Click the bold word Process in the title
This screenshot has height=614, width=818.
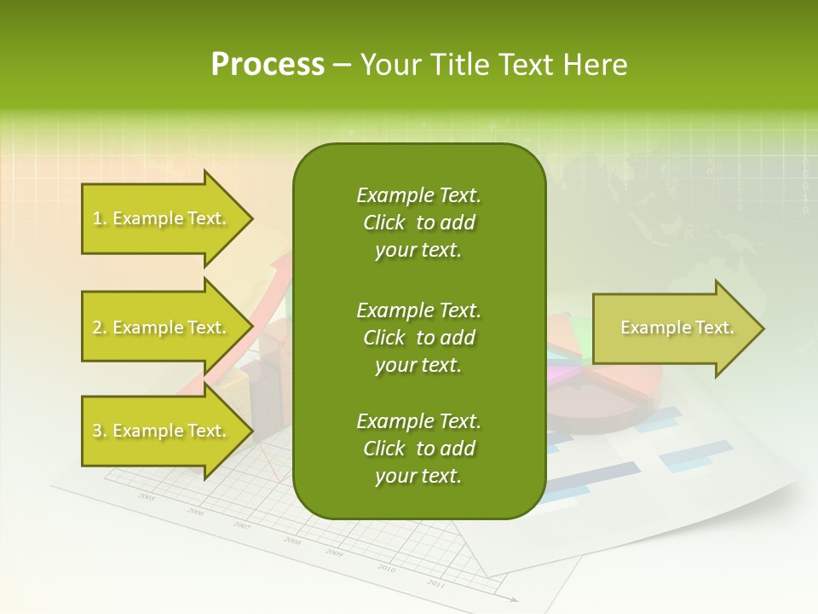pyautogui.click(x=268, y=65)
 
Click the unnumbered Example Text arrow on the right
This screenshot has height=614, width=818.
pyautogui.click(x=677, y=328)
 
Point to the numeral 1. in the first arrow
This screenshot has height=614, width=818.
pyautogui.click(x=100, y=218)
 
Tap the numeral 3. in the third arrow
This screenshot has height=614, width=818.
pyautogui.click(x=100, y=431)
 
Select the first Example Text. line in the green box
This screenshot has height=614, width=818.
pyautogui.click(x=418, y=195)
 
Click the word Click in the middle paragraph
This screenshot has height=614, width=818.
pyautogui.click(x=383, y=338)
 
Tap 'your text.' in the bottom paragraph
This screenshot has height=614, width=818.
pyautogui.click(x=418, y=476)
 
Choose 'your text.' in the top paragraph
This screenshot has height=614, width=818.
pyautogui.click(x=418, y=250)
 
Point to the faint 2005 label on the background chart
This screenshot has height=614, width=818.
pyautogui.click(x=147, y=496)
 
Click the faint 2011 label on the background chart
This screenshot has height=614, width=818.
pyautogui.click(x=435, y=583)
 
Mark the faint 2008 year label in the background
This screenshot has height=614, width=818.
pyautogui.click(x=292, y=541)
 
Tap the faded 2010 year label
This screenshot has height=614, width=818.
pyautogui.click(x=386, y=569)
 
